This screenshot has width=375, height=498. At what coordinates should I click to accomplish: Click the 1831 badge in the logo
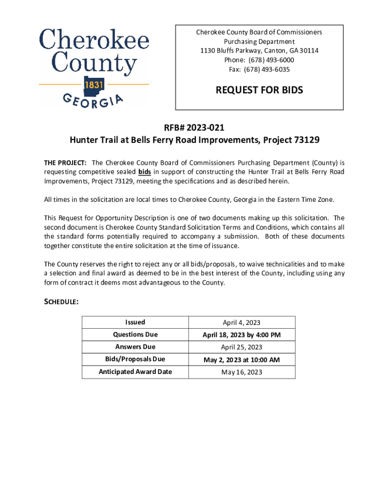[x=94, y=85]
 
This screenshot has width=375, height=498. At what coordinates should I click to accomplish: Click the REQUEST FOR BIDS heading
[x=259, y=90]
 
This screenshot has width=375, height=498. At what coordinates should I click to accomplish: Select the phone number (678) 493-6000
[x=259, y=60]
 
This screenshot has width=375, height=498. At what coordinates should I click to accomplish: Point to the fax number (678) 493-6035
[x=259, y=69]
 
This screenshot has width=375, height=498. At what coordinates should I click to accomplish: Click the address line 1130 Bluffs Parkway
[x=259, y=51]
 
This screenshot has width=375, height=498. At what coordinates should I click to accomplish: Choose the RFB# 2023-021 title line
[x=194, y=128]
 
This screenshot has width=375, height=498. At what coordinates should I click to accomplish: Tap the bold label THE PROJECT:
[x=66, y=162]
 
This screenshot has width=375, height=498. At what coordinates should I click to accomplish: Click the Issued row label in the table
[x=135, y=322]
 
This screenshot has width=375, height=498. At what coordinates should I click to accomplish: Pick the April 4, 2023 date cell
[x=242, y=322]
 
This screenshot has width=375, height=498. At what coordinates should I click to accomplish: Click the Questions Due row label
[x=135, y=335]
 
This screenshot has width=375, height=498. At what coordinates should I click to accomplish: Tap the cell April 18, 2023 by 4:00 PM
[x=242, y=335]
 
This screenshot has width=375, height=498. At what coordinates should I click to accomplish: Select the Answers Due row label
[x=135, y=347]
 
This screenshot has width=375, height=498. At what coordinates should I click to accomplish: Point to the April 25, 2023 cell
[x=242, y=347]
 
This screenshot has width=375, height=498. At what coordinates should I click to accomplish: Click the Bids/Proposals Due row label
[x=135, y=359]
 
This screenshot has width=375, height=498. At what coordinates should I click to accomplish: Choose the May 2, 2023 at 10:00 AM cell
[x=242, y=360]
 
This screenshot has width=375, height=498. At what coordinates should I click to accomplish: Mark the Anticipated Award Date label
[x=135, y=372]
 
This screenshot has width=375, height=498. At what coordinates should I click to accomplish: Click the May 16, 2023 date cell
[x=242, y=373]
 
